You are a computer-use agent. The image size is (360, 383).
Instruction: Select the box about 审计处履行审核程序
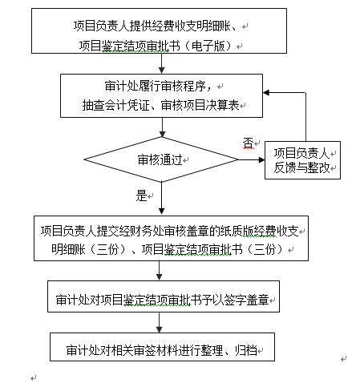coord(160,95)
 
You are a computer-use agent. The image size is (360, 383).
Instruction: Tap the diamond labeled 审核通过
coord(160,159)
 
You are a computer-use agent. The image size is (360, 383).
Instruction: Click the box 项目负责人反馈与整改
coord(302,159)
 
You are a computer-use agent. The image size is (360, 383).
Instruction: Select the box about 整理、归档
coord(160,350)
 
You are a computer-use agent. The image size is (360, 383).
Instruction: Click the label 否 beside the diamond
coord(248,143)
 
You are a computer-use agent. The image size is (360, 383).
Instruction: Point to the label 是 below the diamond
coord(143,196)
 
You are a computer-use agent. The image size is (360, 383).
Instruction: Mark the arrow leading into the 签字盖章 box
coord(160,272)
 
